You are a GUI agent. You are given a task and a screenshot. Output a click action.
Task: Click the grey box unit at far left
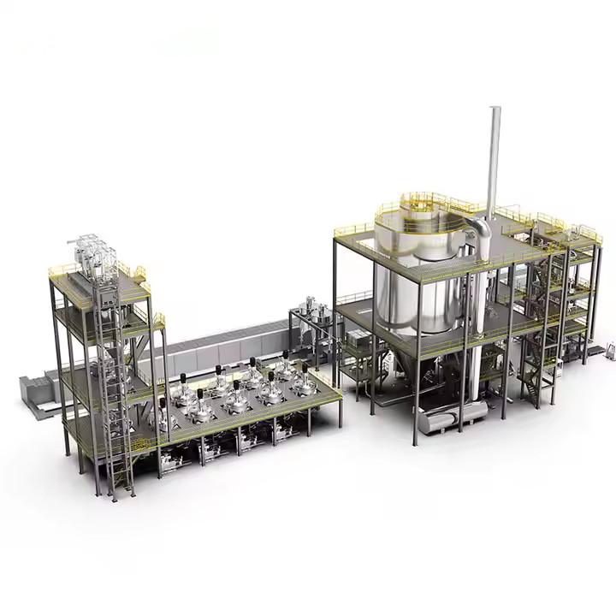[x=34, y=389]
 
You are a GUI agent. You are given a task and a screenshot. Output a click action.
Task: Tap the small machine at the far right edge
[x=610, y=348]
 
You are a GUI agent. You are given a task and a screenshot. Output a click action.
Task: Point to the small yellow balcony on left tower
[x=158, y=320]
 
